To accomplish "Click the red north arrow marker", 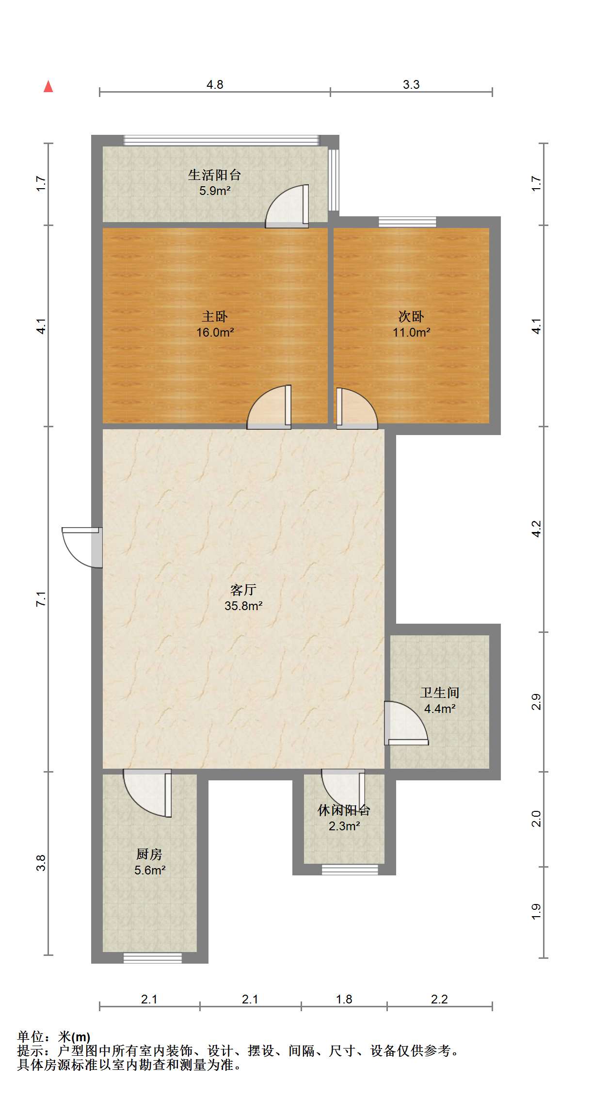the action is click(x=48, y=86).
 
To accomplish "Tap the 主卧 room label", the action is click(x=215, y=317).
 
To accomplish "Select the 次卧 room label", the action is click(x=411, y=317).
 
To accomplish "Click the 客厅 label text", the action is click(x=243, y=590).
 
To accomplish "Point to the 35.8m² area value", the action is click(x=243, y=606).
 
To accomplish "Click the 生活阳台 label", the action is click(x=215, y=175).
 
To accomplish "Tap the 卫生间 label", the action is click(x=440, y=693).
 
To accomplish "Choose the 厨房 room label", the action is click(x=149, y=854).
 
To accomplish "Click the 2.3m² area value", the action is click(x=344, y=826).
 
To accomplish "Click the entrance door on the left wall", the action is click(x=82, y=547).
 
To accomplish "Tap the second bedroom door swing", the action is click(x=357, y=408).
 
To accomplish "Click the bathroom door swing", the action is click(x=406, y=723).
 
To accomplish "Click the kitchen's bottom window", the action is click(x=152, y=958).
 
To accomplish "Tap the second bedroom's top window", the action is click(x=407, y=222).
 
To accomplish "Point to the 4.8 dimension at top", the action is click(x=215, y=84).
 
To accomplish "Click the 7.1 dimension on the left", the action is click(x=41, y=599).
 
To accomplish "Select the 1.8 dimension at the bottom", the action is click(x=344, y=999).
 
